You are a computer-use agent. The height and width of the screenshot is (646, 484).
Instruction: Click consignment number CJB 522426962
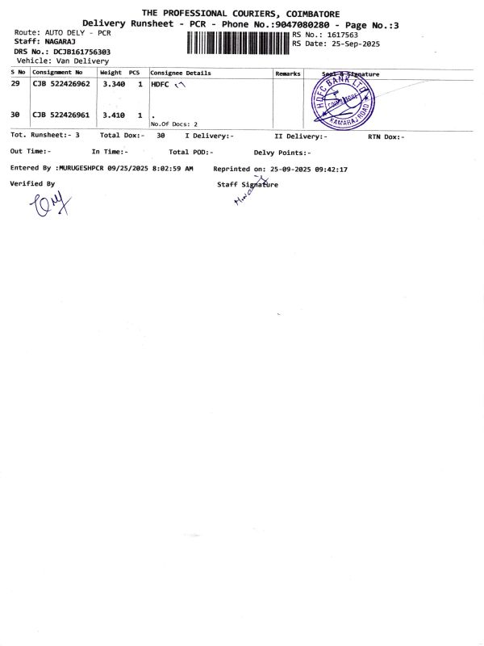tap(61, 84)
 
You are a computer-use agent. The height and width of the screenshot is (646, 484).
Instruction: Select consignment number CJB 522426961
tap(61, 115)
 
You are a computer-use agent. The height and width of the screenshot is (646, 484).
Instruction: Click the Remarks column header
tap(288, 73)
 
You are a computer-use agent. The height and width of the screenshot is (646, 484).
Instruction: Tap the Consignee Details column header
tap(181, 73)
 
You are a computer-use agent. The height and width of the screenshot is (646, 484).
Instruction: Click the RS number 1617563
tap(342, 35)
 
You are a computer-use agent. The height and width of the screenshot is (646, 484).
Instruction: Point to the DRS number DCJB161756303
tap(82, 52)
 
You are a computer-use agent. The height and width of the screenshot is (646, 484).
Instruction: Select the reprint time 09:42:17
tap(330, 170)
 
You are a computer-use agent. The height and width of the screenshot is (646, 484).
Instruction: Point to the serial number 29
tap(15, 84)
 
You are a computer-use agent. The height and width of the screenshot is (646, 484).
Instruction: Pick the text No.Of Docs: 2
tap(174, 124)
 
